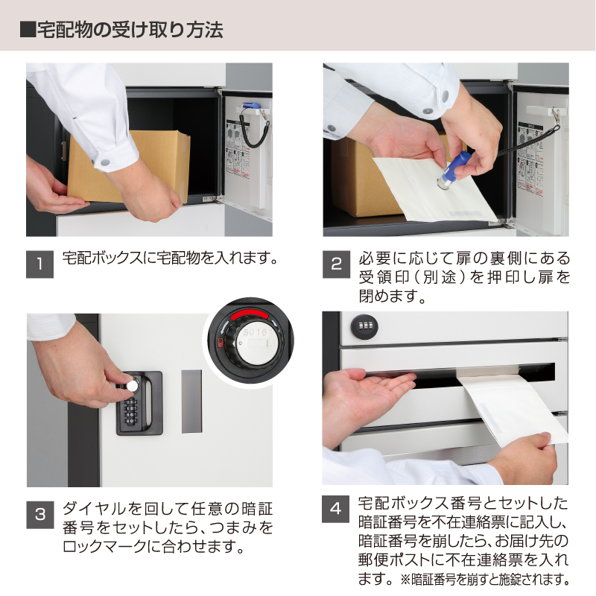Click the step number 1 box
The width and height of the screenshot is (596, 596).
39,264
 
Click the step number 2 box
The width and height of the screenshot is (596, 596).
337,264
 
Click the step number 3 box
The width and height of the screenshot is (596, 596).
40,515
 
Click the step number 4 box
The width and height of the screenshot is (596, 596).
336,509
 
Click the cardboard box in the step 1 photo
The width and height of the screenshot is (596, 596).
129,166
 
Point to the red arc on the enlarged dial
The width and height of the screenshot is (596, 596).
250,315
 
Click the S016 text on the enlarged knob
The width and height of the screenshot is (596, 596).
256,332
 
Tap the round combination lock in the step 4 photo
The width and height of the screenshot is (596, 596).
364,326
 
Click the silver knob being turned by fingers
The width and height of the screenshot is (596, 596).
132,385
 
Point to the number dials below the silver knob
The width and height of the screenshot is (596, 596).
131,411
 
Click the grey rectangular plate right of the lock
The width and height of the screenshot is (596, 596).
191,402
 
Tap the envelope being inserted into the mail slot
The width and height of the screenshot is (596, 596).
510,408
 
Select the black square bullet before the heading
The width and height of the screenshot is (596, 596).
28,30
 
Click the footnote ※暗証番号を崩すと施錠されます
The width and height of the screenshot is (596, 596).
486,580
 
